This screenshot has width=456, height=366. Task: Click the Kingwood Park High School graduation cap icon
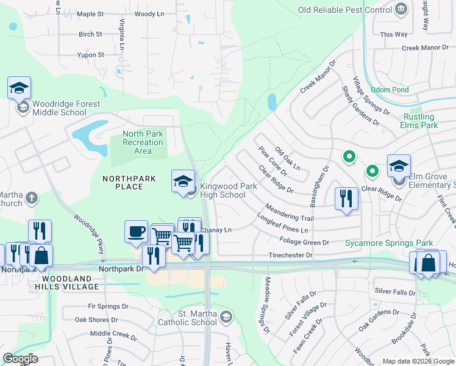coord(183,181)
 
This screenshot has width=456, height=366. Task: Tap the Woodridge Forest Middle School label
coord(59,108)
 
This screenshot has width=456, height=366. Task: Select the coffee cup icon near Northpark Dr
coord(136,232)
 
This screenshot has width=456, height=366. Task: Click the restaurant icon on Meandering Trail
coord(346,199)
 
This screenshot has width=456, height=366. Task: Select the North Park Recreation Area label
coord(143,142)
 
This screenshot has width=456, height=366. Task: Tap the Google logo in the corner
coord(21,359)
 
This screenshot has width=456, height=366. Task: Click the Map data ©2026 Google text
coord(418,361)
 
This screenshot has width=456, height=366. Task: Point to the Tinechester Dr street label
coord(291,256)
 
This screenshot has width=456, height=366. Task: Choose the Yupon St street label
coord(91,55)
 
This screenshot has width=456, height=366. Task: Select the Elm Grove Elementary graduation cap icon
coord(399,165)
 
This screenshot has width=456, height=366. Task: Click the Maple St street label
coord(91,13)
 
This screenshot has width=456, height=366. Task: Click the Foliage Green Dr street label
coord(305,242)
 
